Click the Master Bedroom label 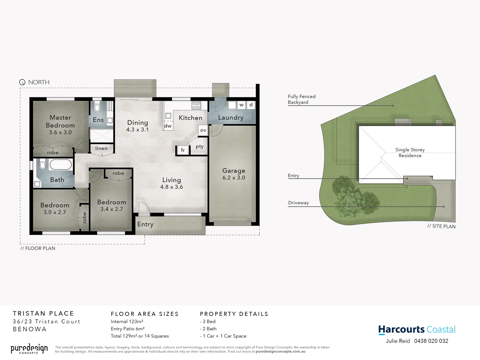point(60,121)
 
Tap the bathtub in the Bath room point(61,165)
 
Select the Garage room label point(234,171)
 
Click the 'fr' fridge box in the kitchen point(183,150)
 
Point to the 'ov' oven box point(203,130)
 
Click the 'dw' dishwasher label point(168,126)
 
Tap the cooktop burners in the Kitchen point(196,106)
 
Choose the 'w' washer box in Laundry point(241,105)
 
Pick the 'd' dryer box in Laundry point(251,105)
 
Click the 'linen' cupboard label point(101,148)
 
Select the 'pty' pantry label point(200,146)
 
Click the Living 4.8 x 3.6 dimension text point(172,187)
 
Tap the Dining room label point(138,123)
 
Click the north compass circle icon point(22,82)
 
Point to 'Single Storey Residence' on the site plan point(410,153)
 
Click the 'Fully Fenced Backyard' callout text point(301,99)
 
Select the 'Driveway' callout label point(298,203)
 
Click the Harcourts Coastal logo point(417,330)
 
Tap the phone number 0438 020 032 point(431,341)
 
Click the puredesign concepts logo point(29,349)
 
